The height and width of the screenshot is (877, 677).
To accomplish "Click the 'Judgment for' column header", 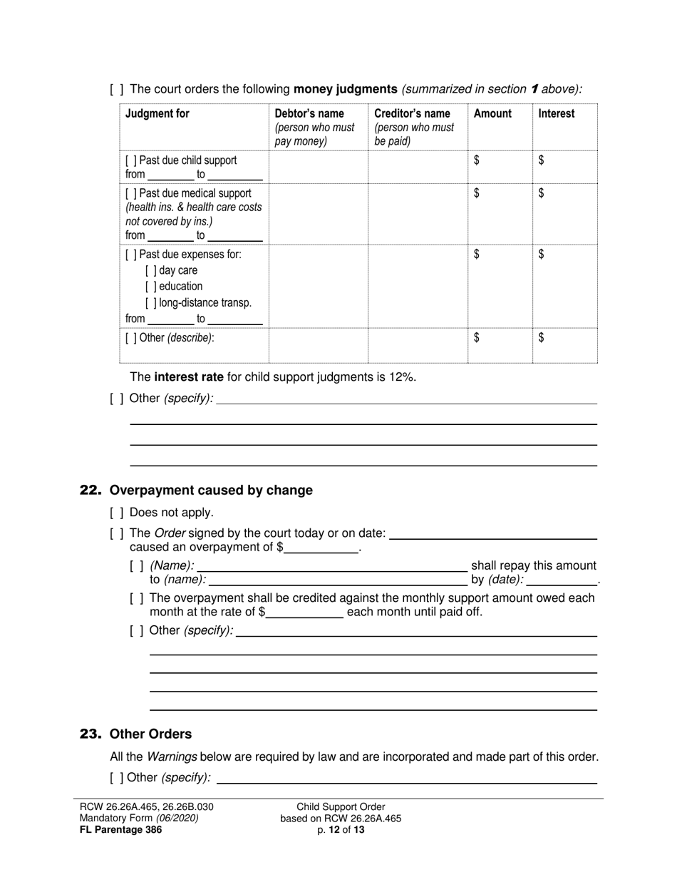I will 157,114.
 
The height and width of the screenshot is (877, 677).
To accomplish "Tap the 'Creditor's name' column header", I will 412,114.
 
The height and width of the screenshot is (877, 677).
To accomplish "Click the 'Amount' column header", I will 492,114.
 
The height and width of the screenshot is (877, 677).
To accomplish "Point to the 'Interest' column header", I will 557,114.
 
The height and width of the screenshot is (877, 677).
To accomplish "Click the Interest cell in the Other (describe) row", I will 565,345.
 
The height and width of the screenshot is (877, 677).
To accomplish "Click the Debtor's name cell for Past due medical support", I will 318,214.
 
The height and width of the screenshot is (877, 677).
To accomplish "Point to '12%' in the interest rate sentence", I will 402,377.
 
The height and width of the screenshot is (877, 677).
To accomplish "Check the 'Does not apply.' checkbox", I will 117,513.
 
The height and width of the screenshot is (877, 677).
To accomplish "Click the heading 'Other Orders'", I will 150,734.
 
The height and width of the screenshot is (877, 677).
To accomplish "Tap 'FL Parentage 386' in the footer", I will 121,829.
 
